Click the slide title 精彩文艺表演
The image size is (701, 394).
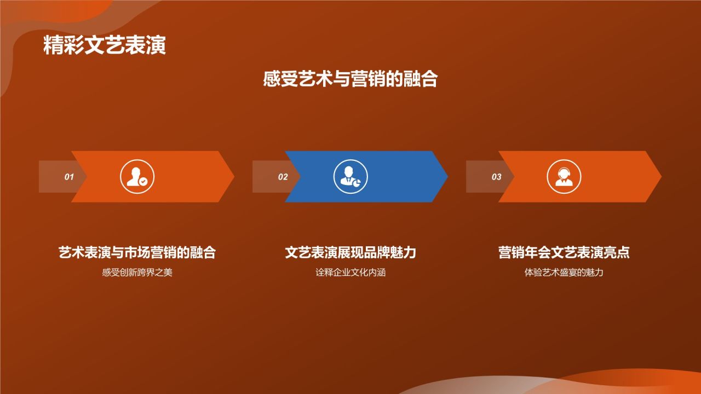[104, 46]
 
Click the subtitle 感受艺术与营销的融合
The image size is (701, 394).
[350, 79]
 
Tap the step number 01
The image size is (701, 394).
[69, 177]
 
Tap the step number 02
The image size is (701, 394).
[283, 177]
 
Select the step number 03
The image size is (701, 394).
[496, 177]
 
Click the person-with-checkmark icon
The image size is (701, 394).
[137, 177]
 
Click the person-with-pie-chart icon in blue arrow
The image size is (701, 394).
[350, 177]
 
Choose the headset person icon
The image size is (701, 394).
[564, 177]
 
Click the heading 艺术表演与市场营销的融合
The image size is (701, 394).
[137, 252]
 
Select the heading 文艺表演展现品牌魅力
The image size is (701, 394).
[350, 252]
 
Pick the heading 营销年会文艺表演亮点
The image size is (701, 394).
[564, 252]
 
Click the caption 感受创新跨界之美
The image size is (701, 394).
[137, 272]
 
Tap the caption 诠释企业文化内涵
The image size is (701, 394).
[350, 272]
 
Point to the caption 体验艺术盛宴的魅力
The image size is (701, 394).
[564, 272]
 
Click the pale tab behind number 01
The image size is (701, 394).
[52, 177]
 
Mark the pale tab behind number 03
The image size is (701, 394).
[479, 177]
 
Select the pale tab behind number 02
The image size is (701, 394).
[266, 177]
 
